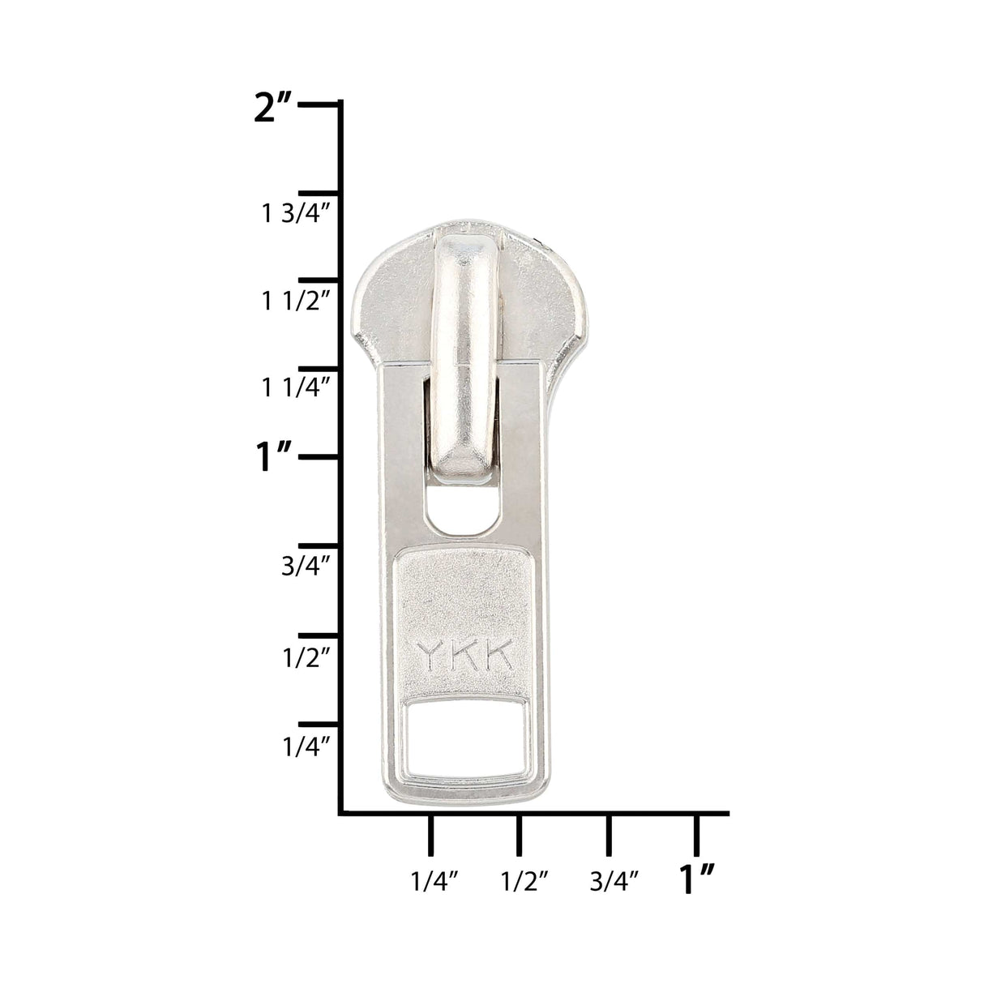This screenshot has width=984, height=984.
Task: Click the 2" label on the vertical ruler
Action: (273, 109)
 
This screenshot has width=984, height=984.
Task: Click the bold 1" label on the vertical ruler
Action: (274, 457)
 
